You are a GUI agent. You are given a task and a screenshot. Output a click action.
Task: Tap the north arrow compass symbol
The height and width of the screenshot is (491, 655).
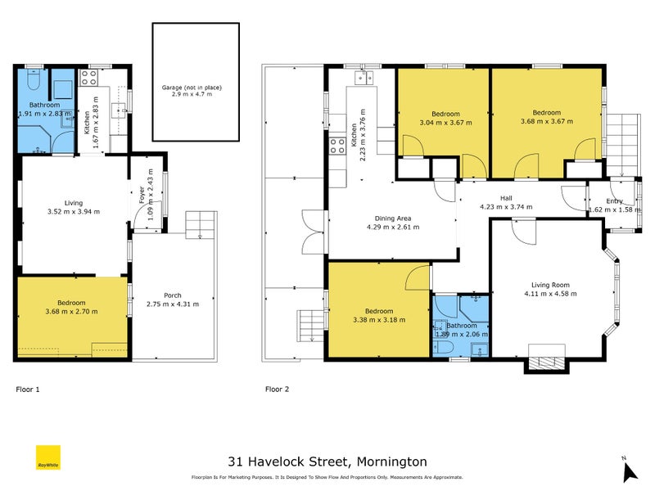[x=629, y=470]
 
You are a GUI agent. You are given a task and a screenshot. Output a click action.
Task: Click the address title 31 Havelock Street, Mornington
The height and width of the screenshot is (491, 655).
[x=327, y=462]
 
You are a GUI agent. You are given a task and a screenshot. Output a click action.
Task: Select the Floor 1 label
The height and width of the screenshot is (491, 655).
[x=29, y=390]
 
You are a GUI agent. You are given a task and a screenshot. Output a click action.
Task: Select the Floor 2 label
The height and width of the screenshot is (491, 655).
[x=278, y=390]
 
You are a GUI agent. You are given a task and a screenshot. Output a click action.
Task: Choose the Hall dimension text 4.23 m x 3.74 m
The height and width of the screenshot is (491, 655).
[x=506, y=207]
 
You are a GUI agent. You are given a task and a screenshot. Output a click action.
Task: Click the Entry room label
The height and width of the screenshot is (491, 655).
[x=614, y=200]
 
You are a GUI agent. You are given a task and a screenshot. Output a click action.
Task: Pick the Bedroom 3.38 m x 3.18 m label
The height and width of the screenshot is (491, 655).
[x=379, y=311]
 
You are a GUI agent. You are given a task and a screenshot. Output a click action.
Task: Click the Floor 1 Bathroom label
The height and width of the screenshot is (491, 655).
[x=45, y=106]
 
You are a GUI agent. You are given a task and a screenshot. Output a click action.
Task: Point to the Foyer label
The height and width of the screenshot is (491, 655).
[x=141, y=193]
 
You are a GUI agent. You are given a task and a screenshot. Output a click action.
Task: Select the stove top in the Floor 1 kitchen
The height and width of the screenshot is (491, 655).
[x=88, y=79]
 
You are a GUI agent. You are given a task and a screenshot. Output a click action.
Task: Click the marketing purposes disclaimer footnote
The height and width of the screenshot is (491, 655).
[x=327, y=477]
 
